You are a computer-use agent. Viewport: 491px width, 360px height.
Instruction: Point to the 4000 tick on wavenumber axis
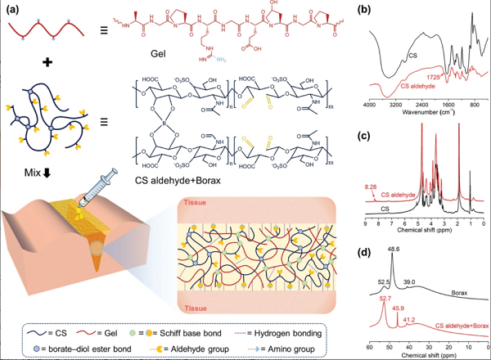click(x=370, y=106)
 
